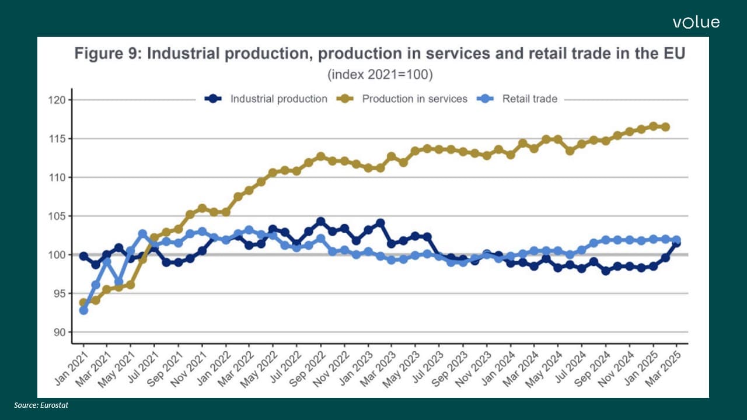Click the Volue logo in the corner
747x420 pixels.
pos(696,23)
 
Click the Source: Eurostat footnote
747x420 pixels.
pos(41,405)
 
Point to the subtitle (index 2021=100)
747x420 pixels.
pos(380,75)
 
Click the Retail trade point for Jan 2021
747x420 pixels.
pos(83,310)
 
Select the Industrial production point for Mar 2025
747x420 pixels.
pos(677,243)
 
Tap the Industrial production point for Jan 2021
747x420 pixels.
pos(83,256)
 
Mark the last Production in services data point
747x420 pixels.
pos(665,127)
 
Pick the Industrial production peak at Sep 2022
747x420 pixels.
pos(321,221)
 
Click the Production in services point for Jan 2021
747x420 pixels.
pos(83,303)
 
